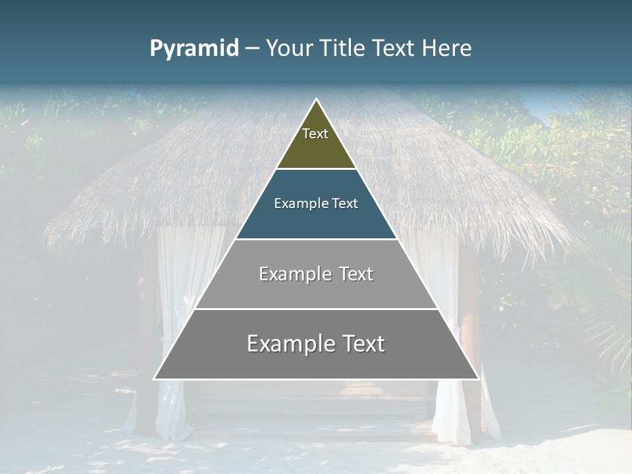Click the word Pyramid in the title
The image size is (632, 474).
pyautogui.click(x=194, y=49)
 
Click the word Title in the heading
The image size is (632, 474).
pyautogui.click(x=343, y=49)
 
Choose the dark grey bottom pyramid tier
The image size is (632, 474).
pyautogui.click(x=316, y=352)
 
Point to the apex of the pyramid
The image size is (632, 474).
pyautogui.click(x=316, y=100)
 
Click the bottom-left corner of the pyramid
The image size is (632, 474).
pyautogui.click(x=155, y=379)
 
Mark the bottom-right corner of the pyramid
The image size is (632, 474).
pyautogui.click(x=477, y=379)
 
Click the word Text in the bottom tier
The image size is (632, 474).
pyautogui.click(x=361, y=344)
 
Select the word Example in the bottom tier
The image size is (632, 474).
pyautogui.click(x=290, y=344)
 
